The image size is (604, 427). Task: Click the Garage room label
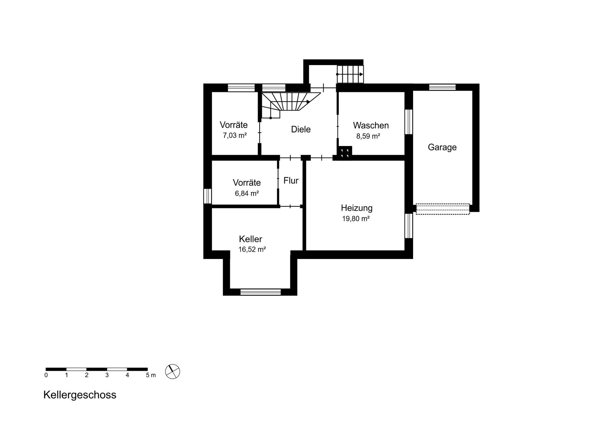pos(442,147)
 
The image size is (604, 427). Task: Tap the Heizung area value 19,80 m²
pos(355,219)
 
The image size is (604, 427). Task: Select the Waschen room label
pos(371,126)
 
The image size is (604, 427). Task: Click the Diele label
pos(301,129)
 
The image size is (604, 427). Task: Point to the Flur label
pos(291,181)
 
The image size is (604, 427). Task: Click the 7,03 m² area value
pos(235,136)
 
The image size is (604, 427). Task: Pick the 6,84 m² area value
pos(247,194)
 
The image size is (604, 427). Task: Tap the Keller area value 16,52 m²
pos(252,250)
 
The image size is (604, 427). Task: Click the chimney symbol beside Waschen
pos(345,153)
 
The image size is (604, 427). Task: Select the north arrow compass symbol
pos(172,372)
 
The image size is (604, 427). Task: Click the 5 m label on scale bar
pos(151,375)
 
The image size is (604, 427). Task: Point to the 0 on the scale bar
pos(46,375)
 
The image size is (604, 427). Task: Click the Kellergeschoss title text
pos(80,395)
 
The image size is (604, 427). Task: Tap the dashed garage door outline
pos(442,209)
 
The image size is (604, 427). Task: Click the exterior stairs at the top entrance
pos(350,74)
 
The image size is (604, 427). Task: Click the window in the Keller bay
pos(260,292)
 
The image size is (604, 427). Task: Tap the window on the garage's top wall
pos(442,87)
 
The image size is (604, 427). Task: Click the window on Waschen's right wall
pos(408,122)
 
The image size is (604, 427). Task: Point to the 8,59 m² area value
pos(368,136)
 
